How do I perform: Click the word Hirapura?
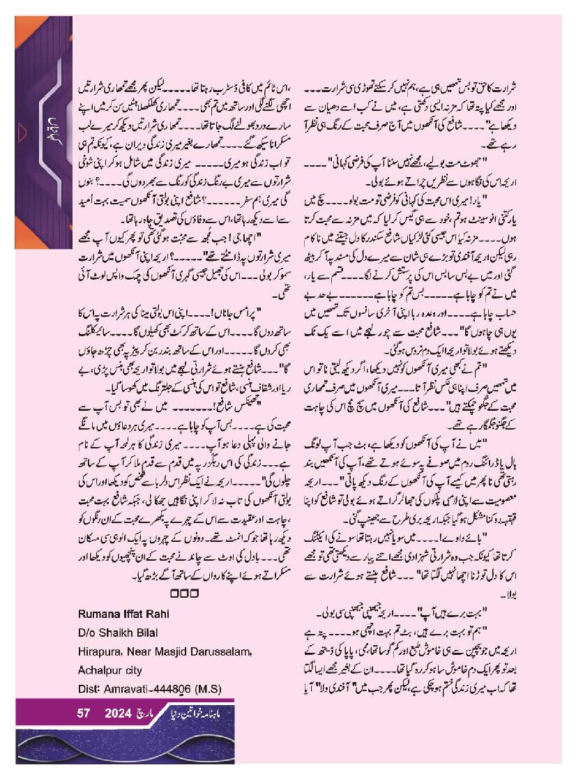pos(100,651)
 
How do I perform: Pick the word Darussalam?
pos(221,651)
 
